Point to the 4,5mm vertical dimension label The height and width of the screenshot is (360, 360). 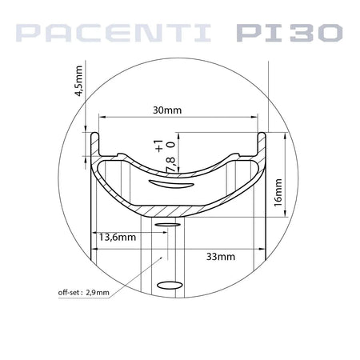point(78,81)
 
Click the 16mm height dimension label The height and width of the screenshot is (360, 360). point(279,192)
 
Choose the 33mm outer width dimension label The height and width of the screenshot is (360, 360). point(220,257)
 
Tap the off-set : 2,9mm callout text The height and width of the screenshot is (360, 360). point(79,292)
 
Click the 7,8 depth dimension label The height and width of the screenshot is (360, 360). point(170,164)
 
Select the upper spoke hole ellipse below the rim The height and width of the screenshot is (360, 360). point(170,226)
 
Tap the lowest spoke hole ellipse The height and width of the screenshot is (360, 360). point(170,285)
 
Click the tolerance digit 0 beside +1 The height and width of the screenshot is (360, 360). point(171,146)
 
